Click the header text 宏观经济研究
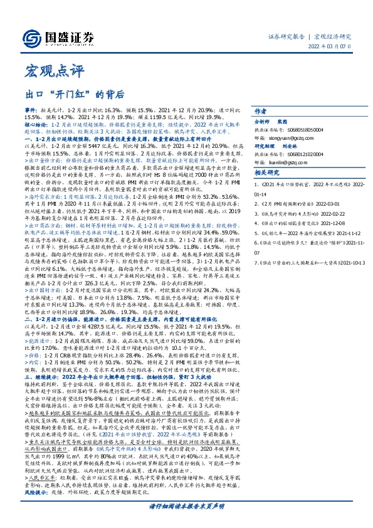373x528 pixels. [333, 36]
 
